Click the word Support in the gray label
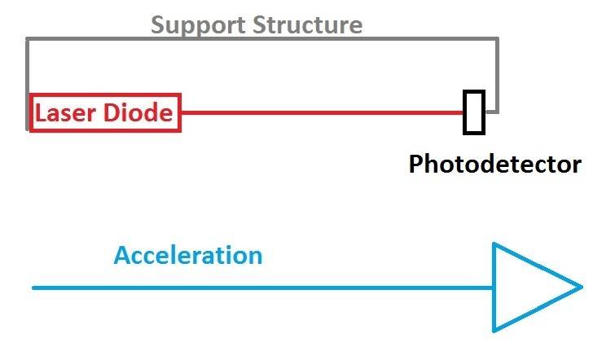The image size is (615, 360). pyautogui.click(x=198, y=24)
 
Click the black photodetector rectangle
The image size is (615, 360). pyautogui.click(x=473, y=112)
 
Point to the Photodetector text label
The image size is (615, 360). pyautogui.click(x=494, y=165)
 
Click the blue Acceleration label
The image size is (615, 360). pyautogui.click(x=188, y=256)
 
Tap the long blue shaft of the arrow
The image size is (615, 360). pyautogui.click(x=261, y=288)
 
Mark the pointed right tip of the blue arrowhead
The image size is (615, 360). pyautogui.click(x=581, y=287)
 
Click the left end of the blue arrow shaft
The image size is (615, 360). pyautogui.click(x=34, y=288)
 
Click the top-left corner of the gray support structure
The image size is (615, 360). pyautogui.click(x=28, y=39)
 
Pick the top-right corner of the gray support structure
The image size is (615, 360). pyautogui.click(x=496, y=39)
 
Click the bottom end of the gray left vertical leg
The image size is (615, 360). pyautogui.click(x=28, y=127)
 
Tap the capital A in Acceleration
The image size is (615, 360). pyautogui.click(x=122, y=256)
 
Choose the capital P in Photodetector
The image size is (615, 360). pyautogui.click(x=416, y=165)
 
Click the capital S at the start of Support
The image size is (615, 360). pyautogui.click(x=158, y=24)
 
